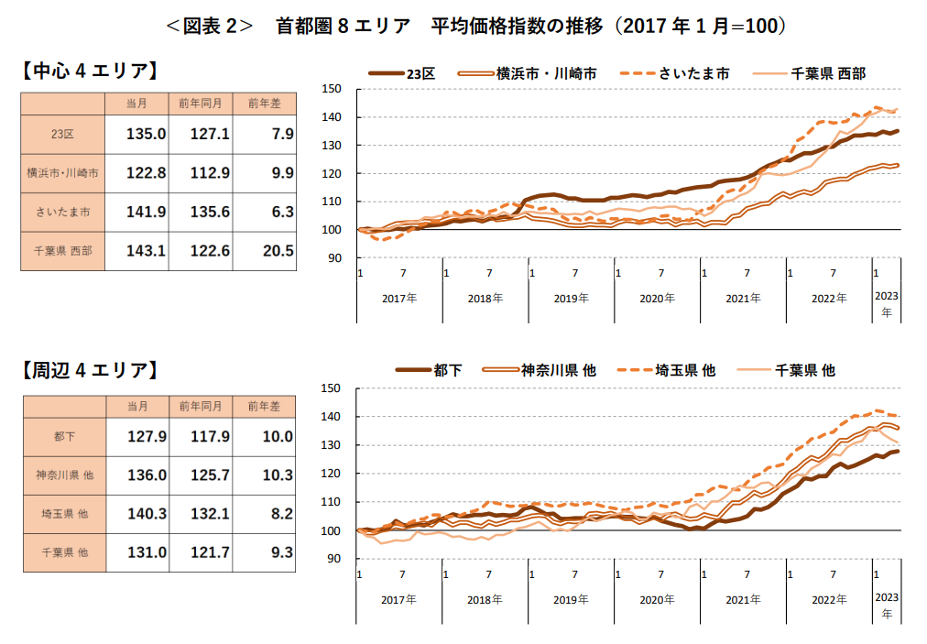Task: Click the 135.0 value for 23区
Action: [146, 134]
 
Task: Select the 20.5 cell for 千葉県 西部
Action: [275, 250]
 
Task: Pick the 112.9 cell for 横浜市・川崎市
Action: [210, 172]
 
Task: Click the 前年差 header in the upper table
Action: [265, 103]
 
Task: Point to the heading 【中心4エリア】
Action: [90, 71]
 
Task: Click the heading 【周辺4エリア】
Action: [90, 370]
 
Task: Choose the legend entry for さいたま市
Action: [674, 72]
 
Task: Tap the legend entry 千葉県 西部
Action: [808, 72]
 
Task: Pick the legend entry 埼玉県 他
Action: [664, 370]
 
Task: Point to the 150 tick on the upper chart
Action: [331, 89]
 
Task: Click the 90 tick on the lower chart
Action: [333, 559]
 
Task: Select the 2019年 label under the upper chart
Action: [571, 299]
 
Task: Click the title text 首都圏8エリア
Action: [343, 27]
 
